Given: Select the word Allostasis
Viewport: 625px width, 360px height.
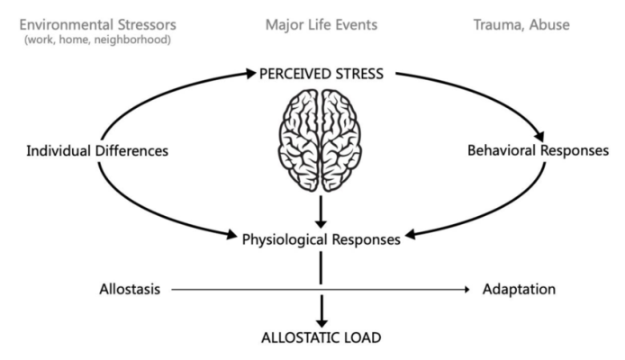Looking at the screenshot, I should pyautogui.click(x=129, y=290).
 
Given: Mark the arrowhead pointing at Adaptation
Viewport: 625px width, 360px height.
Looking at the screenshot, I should pyautogui.click(x=467, y=290).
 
